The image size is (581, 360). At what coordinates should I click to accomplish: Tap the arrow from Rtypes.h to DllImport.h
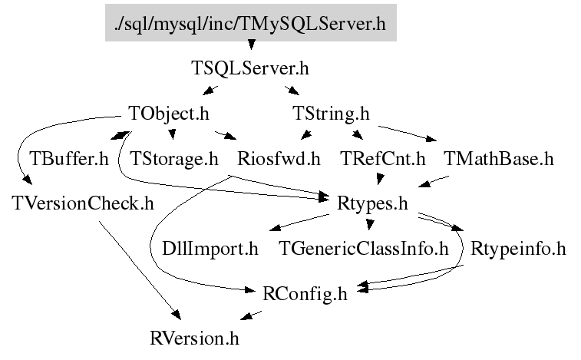click(x=299, y=223)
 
